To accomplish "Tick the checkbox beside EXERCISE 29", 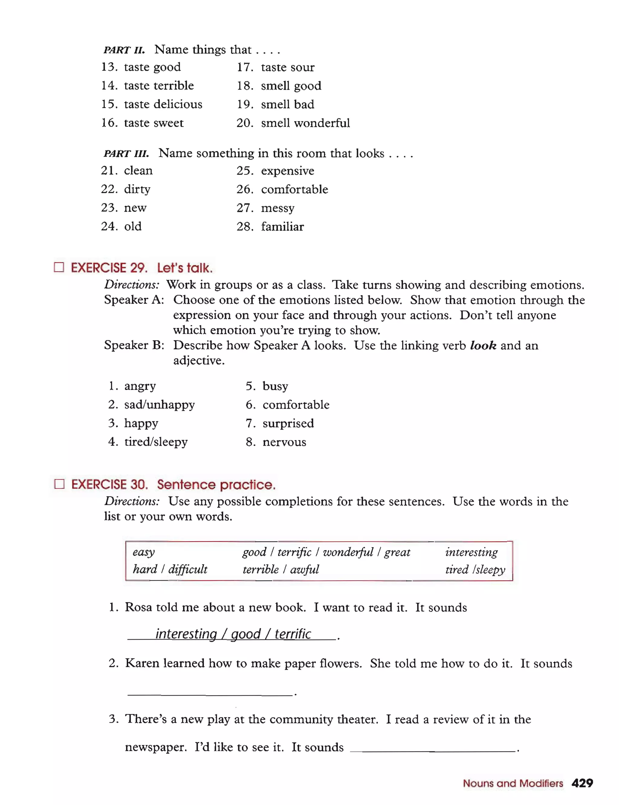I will click(59, 267).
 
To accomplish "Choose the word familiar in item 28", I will click(282, 226).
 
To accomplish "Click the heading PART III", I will click(126, 153).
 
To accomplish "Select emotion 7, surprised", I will click(288, 423).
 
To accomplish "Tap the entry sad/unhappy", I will click(159, 404).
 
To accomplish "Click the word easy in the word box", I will click(144, 552).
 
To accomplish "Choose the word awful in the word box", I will click(304, 569).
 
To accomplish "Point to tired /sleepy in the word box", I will click(475, 569).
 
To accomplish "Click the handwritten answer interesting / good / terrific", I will click(233, 633).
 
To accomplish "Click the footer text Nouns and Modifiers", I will click(513, 783).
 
